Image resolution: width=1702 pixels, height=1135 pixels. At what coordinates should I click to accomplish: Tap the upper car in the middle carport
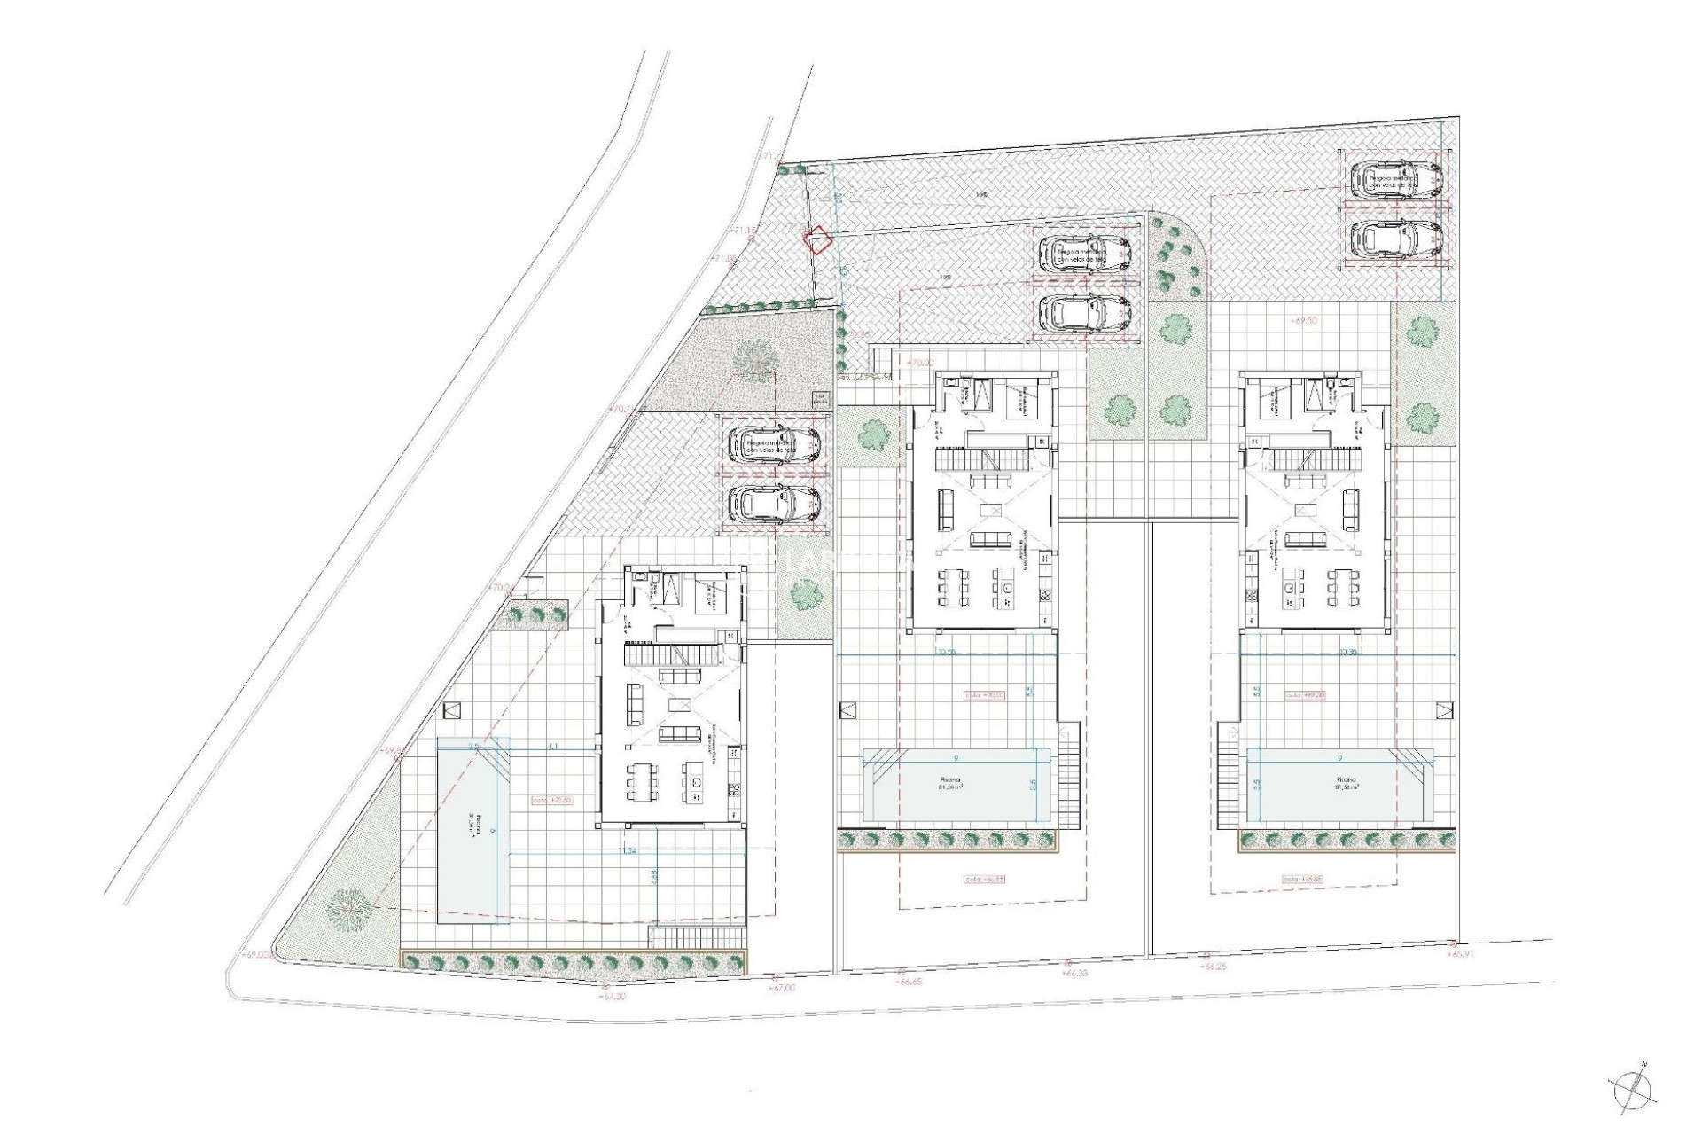tap(1083, 254)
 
